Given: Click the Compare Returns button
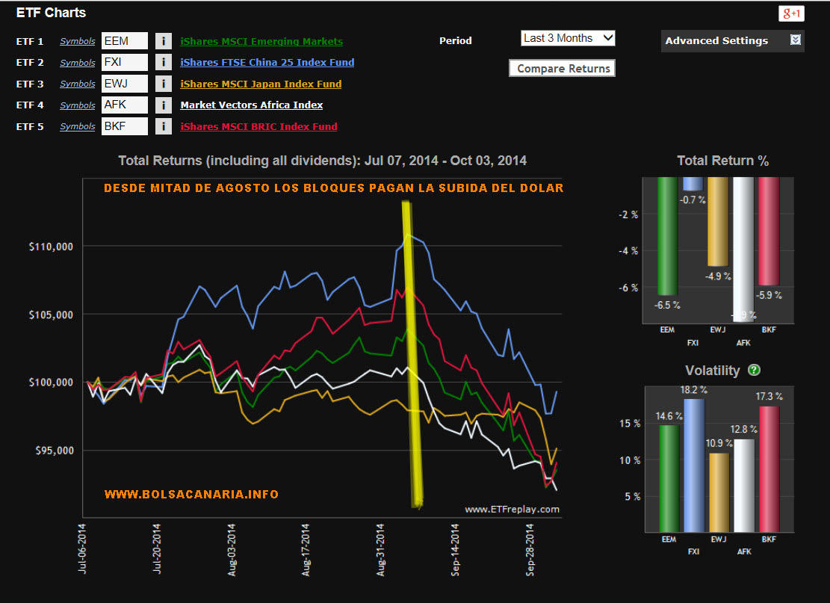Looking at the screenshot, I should coord(562,69).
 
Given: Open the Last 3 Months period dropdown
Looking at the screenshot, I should coord(568,38).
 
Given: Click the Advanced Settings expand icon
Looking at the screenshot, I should coord(796,40).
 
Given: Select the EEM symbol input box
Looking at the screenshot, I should coord(125,41).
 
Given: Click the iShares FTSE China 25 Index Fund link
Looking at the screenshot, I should coord(267,63).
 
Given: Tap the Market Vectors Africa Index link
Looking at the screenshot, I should coord(251,105).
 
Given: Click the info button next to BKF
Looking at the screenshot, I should coord(163,126).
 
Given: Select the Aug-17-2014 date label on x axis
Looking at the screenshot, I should coord(306,550).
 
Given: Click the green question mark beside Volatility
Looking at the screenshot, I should coord(754,370).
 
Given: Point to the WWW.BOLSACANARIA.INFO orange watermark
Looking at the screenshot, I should coord(191,495).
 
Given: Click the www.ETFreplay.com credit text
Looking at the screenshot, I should coord(512,509).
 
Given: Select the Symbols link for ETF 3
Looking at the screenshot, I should coord(78,84).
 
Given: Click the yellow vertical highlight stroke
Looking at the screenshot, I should coord(412,351).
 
